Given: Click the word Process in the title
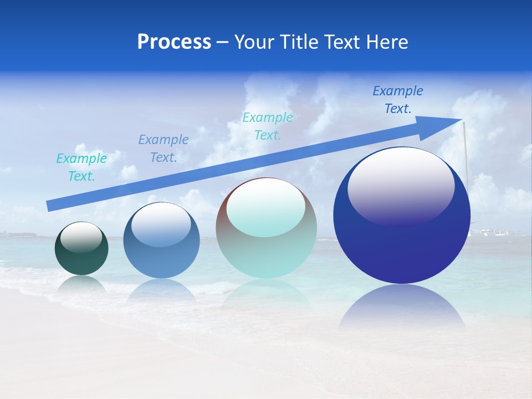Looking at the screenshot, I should (174, 42).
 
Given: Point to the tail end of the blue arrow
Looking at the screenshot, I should (49, 206).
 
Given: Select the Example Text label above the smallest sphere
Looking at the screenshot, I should (81, 167).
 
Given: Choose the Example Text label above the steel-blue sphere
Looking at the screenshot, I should (163, 149).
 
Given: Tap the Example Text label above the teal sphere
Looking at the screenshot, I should (268, 126).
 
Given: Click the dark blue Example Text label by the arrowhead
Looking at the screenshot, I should (398, 100).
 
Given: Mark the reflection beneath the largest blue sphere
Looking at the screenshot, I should (402, 308).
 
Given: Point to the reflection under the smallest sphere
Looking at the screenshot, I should (81, 284).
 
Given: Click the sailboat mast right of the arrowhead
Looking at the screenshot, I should (465, 161).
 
